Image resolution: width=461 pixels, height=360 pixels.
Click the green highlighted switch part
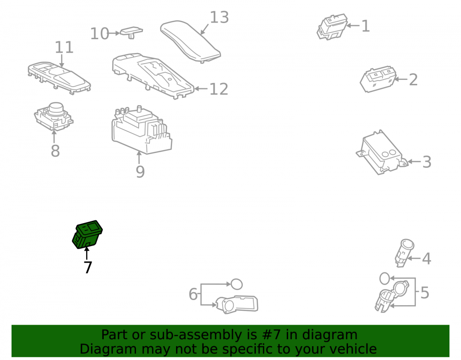click(x=87, y=235)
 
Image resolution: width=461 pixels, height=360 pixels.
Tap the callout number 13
click(x=219, y=18)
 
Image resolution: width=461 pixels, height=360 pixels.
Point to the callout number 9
click(x=140, y=172)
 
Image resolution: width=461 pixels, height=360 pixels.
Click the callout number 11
click(x=64, y=47)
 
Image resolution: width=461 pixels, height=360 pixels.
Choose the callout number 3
click(x=427, y=162)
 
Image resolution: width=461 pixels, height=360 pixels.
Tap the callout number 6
click(x=193, y=294)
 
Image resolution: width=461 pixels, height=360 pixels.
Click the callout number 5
click(x=425, y=293)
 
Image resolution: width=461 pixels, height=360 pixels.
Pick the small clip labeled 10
click(x=131, y=32)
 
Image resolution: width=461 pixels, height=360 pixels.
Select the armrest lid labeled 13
click(x=190, y=41)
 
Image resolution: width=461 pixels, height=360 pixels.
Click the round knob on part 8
click(x=56, y=109)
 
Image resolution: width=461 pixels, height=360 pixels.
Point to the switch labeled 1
click(x=332, y=27)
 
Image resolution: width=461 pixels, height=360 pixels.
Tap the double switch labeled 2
click(x=378, y=79)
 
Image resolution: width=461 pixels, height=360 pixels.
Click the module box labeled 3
click(x=381, y=153)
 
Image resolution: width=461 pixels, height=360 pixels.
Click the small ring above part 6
click(x=236, y=284)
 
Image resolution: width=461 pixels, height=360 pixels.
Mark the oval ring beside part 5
click(x=385, y=278)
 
